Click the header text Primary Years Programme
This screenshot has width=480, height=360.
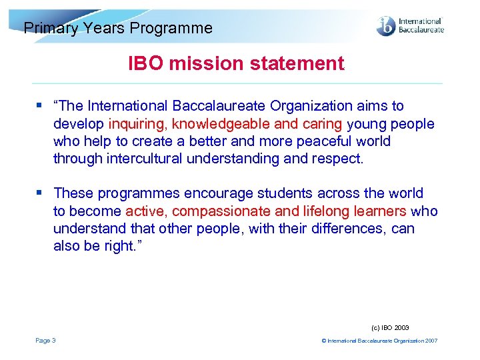118,28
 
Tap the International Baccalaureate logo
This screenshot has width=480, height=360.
409,25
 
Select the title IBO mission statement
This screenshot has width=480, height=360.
236,64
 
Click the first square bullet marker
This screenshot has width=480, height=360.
40,106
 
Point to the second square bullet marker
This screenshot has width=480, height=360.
40,193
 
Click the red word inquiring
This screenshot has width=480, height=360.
137,124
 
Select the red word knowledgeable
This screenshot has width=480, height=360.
223,124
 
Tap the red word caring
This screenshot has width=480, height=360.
324,124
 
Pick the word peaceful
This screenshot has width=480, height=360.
325,141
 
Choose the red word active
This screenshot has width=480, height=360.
145,211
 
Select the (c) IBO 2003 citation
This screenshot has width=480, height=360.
390,327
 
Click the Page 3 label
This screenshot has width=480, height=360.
46,341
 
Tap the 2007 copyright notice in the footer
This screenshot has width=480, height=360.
379,341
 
